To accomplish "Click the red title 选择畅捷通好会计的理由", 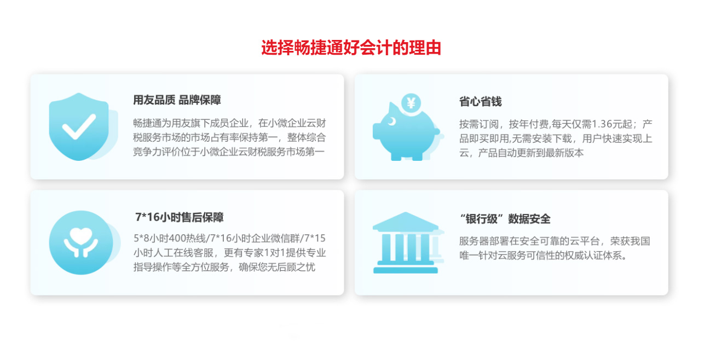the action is click(351, 48).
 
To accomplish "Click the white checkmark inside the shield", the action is click(79, 126).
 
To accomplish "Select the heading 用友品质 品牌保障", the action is click(177, 100).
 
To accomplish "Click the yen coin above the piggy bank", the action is click(411, 103).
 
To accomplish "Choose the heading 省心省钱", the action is click(480, 102).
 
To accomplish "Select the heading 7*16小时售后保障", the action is click(179, 217).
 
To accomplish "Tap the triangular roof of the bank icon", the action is click(405, 222).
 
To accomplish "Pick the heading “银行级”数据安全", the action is click(505, 219).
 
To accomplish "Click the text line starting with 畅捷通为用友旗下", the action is click(229, 123).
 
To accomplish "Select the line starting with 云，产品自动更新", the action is click(521, 153).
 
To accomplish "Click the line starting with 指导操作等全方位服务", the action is click(224, 267).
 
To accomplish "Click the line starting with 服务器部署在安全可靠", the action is click(555, 241).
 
